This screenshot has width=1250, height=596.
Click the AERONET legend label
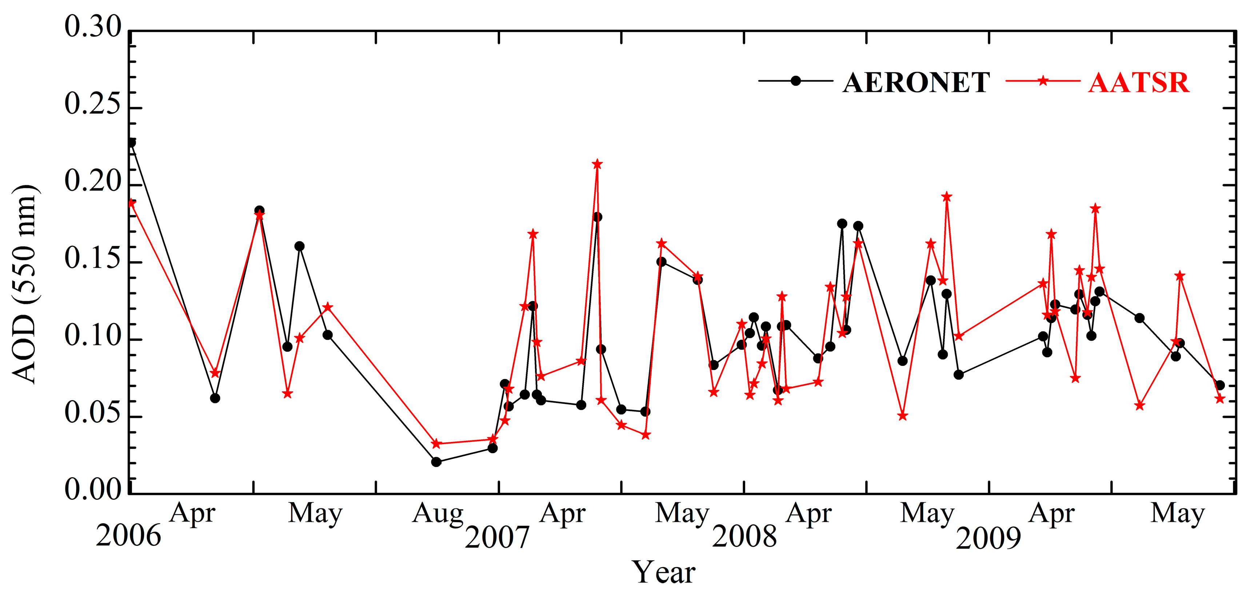[916, 83]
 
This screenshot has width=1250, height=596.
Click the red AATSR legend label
[1138, 83]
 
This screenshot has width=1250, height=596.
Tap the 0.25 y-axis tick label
[93, 104]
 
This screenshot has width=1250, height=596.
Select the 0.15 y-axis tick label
[93, 258]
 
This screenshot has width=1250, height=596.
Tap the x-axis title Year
[663, 573]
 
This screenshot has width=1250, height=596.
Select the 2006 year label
[128, 536]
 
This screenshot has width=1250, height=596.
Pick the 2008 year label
[744, 536]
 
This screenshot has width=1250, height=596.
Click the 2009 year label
[989, 538]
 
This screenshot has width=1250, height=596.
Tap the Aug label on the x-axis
[437, 514]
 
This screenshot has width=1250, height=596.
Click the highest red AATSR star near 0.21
[597, 164]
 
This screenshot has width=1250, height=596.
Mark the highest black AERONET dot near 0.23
[131, 142]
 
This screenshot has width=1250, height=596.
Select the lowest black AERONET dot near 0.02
[436, 462]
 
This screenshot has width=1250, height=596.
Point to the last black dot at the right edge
[1220, 385]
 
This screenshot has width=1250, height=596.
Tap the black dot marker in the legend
[795, 81]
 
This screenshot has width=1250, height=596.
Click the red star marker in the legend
[1042, 81]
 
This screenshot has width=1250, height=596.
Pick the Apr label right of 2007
[562, 514]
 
